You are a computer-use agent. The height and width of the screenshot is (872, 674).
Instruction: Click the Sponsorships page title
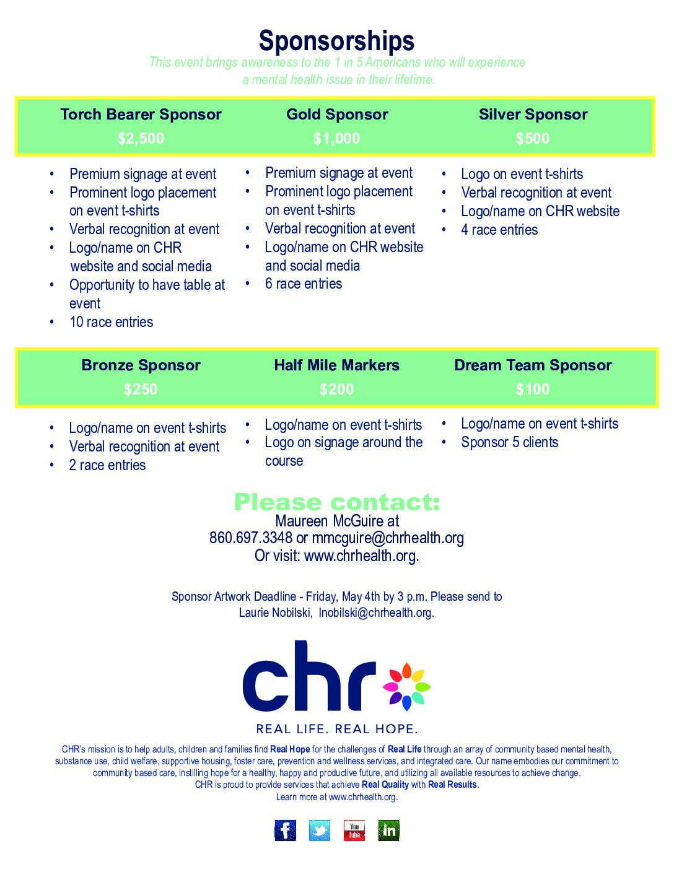[x=336, y=41]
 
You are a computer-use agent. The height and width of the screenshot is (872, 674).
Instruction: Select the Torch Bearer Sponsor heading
[x=141, y=115]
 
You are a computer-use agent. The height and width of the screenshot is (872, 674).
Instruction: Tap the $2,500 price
[x=141, y=138]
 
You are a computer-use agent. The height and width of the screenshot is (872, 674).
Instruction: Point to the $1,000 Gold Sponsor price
[x=336, y=138]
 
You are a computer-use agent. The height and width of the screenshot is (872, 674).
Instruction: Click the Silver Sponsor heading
[x=533, y=115]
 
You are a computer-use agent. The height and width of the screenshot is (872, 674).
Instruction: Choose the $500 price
[x=533, y=138]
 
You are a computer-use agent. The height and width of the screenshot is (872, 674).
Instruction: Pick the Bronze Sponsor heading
[x=141, y=365]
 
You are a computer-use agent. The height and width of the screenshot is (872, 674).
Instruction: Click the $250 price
[x=141, y=389]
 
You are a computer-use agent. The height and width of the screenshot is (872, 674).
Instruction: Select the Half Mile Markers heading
[x=336, y=365]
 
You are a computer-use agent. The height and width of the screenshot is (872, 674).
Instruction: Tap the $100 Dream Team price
[x=533, y=389]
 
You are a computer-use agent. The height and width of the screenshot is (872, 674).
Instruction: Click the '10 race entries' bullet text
[x=111, y=322]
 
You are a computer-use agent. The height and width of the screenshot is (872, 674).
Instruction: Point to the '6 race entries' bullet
[x=304, y=284]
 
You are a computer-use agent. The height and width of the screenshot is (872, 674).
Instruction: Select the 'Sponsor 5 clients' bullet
[x=509, y=442]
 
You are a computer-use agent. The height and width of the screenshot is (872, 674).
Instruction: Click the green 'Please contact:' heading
[x=336, y=502]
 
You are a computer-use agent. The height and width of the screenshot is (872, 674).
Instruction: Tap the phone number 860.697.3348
[x=250, y=538]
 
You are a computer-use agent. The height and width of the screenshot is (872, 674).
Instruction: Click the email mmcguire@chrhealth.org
[x=388, y=538]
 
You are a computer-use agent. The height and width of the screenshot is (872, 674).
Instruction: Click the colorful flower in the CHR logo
[x=406, y=686]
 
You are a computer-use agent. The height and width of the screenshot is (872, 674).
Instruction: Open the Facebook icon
[x=286, y=831]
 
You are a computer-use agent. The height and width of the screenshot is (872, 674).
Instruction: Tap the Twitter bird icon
[x=320, y=831]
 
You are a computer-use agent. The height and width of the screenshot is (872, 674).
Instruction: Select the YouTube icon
[x=354, y=831]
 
